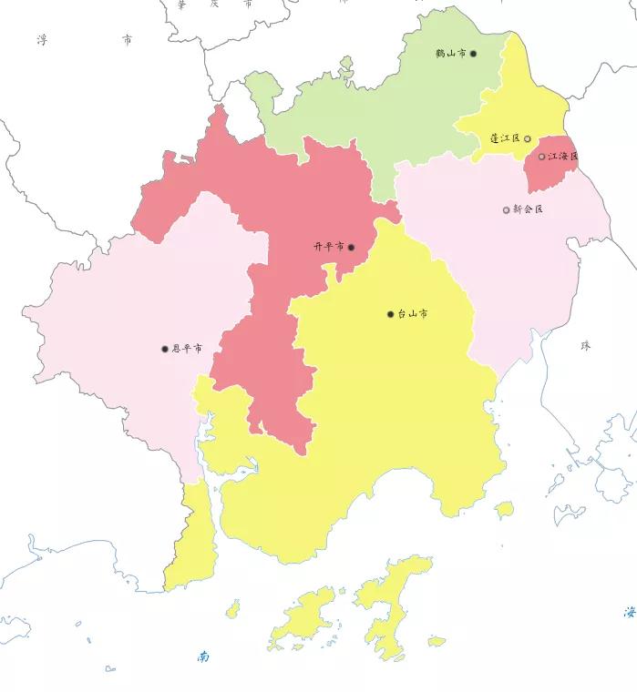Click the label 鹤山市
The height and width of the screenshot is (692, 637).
pos(451,54)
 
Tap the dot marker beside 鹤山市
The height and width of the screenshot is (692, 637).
pos(473,54)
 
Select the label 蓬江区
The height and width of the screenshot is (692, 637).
pos(504,138)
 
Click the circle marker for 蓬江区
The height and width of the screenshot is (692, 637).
pos(527,138)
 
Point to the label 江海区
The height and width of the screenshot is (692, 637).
pos(563,156)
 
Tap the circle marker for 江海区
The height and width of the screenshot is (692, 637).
pos(541,157)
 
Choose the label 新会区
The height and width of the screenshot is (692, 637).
pos(528,209)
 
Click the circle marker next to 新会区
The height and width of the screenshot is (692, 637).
pos(507,210)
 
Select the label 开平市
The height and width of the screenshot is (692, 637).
pos(328,247)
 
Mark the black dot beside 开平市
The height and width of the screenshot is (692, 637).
pos(351,247)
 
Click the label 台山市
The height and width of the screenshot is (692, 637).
pos(413,314)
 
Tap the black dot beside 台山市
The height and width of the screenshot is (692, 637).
pos(391,314)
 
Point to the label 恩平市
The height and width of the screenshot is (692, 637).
pos(187,349)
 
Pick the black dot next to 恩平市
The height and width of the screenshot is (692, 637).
pos(165,349)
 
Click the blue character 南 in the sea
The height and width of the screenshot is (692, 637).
pos(203,656)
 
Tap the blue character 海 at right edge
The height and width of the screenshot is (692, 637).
pos(629,612)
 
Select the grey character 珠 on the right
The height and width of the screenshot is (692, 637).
pos(585,346)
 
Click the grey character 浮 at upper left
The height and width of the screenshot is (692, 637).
pos(41,40)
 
